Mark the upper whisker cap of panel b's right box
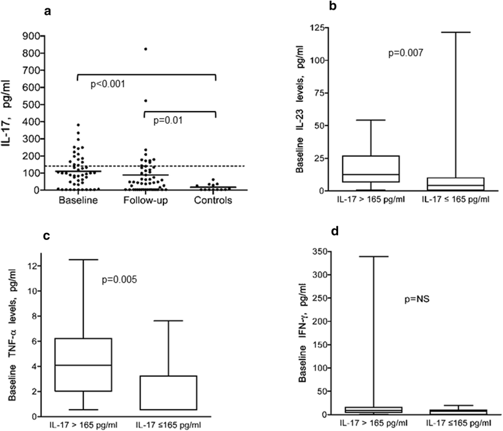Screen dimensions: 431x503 pyautogui.click(x=451, y=32)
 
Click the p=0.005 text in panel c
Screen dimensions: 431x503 pyautogui.click(x=123, y=281)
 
